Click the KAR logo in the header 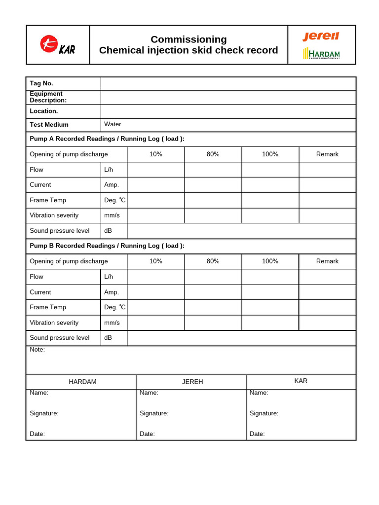point(57,45)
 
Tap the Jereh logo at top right point(321,36)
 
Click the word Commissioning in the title point(189,39)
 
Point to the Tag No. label point(41,83)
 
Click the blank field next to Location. point(228,111)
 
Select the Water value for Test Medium point(113,124)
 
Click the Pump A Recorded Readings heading point(107,139)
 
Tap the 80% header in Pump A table point(213,154)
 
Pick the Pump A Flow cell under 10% point(156,170)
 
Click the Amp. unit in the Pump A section point(112,185)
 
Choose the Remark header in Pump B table point(327,261)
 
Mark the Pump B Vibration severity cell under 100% point(270,323)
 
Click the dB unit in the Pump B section point(108,338)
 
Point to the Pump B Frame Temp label point(48,307)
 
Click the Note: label point(38,350)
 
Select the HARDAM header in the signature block point(82,382)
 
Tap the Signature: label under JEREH point(154,413)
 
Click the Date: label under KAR point(257,434)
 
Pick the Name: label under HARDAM point(39,393)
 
